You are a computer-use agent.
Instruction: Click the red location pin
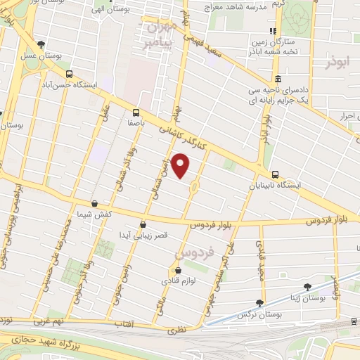(182, 167)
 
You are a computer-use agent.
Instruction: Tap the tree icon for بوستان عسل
(41, 44)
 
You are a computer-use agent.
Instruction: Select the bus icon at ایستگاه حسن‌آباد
(68, 73)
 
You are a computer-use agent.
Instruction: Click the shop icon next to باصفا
(136, 112)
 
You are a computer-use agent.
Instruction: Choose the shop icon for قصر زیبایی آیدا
(143, 225)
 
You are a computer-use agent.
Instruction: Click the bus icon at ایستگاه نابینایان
(274, 176)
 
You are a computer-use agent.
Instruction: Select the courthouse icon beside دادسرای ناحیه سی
(278, 78)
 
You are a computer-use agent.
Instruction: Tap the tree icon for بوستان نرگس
(260, 303)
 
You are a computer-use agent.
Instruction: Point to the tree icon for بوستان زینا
(308, 286)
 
